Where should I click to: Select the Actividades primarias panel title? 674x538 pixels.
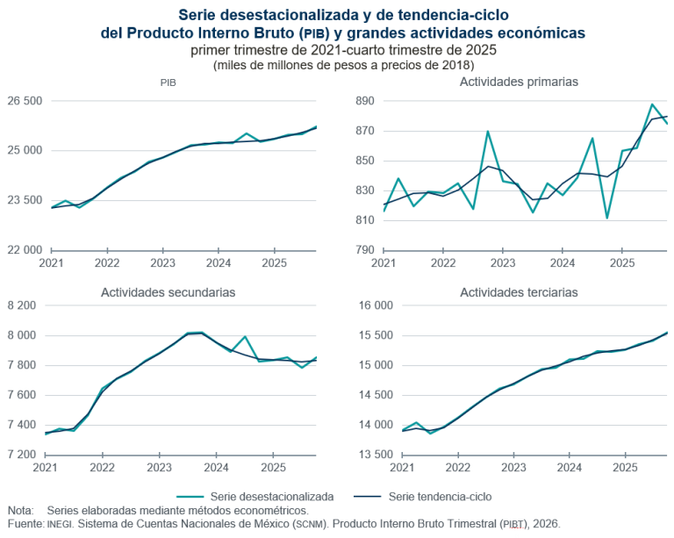point(519,82)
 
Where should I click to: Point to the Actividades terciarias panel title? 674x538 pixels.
point(519,291)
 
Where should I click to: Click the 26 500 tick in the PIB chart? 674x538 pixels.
point(24,101)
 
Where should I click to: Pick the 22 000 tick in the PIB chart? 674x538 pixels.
point(24,249)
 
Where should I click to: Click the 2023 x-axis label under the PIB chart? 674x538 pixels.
point(162,263)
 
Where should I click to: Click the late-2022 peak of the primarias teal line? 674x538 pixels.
point(488,132)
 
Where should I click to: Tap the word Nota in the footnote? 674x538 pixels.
point(20,510)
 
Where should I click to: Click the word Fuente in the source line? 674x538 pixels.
point(24,523)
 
